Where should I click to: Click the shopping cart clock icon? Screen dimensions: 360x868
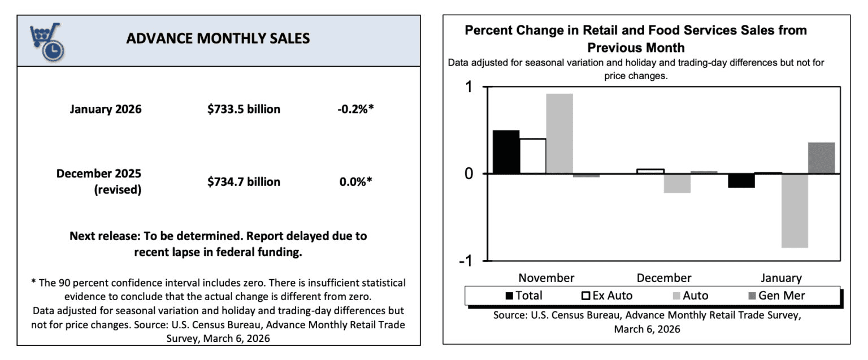[47, 42]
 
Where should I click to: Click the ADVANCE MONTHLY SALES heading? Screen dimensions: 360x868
[218, 38]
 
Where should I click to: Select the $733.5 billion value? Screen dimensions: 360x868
[244, 109]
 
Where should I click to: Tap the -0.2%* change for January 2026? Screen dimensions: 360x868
[355, 109]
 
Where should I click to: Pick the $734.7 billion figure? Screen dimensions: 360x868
[244, 181]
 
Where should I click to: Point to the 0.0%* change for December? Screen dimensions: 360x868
[355, 181]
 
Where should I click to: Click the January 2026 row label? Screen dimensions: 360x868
[106, 109]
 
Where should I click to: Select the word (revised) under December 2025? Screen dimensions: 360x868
[118, 190]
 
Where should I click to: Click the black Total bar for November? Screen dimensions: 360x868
[506, 152]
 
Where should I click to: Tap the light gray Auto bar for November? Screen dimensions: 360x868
[559, 133]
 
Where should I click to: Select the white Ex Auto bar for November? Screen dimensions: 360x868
[533, 156]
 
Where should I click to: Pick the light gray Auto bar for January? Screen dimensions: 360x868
[795, 210]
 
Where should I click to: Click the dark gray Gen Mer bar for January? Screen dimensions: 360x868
[821, 158]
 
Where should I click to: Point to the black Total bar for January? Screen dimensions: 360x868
[741, 180]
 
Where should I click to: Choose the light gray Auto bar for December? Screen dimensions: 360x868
[677, 183]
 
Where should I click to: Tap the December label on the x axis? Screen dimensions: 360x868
[663, 278]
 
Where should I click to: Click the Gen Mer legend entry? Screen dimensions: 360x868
[776, 296]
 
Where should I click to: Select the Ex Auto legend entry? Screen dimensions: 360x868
[607, 296]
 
